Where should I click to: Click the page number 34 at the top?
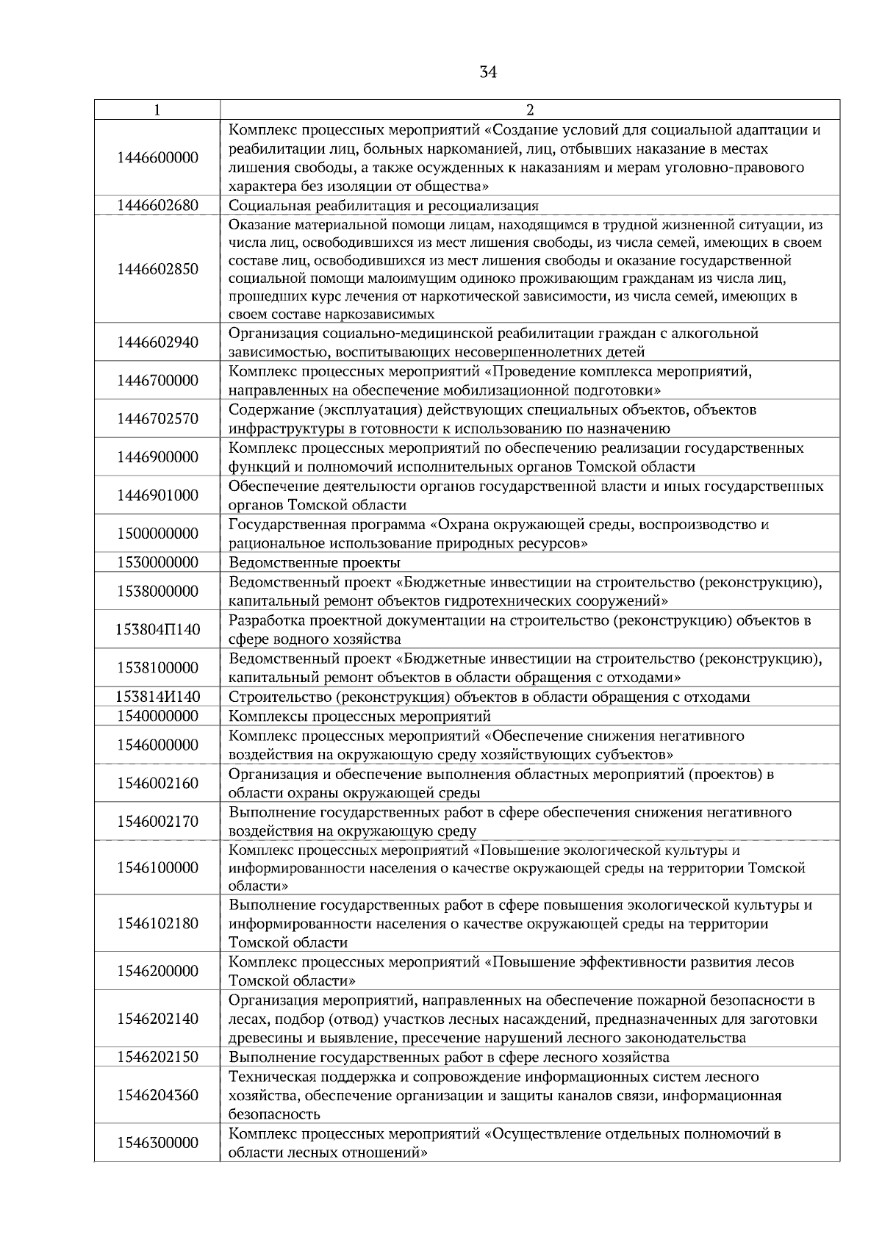coord(488,72)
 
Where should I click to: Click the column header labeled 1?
coord(157,110)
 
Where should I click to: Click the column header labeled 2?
coord(530,110)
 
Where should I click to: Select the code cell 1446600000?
coord(157,158)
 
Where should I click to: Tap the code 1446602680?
coord(157,205)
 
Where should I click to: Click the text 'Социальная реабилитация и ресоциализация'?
coord(384,206)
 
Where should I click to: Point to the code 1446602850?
coord(157,269)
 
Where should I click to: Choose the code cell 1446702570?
coord(157,419)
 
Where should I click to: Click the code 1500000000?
coord(157,534)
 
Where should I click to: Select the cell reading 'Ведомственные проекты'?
coord(315,563)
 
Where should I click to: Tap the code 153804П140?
coord(157,630)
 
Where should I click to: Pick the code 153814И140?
coord(157,697)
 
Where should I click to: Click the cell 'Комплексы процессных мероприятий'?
coord(360,716)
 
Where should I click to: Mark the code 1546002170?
coord(157,822)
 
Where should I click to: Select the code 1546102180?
coord(157,924)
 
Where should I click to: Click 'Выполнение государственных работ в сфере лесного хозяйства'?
coord(449,1058)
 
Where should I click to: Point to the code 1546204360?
coord(157,1096)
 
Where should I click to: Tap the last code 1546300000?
coord(157,1143)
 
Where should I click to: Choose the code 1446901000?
coord(157,495)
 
